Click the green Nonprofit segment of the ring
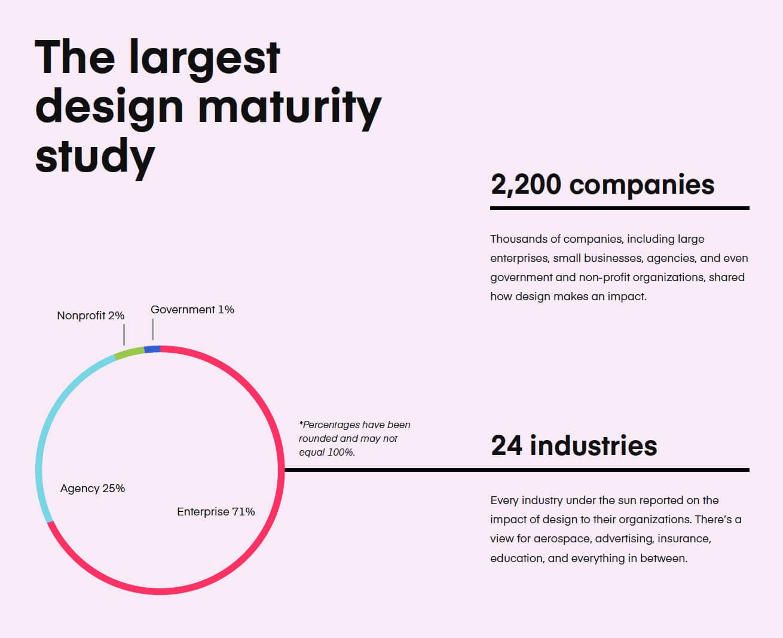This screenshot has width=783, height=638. [129, 353]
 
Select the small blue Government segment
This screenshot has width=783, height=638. [152, 349]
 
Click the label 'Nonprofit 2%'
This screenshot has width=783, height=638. [90, 316]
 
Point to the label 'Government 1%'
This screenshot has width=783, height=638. [192, 310]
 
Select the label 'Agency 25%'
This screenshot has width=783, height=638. [93, 489]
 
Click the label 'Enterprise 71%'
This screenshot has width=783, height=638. [216, 511]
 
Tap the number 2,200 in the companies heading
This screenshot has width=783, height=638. [526, 185]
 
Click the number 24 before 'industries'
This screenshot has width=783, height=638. [507, 445]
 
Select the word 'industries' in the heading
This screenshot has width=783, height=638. [594, 445]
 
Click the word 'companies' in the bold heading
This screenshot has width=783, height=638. [642, 185]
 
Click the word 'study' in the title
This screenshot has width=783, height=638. [95, 157]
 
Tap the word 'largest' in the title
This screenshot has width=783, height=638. [204, 59]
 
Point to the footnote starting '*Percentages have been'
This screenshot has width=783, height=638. [354, 438]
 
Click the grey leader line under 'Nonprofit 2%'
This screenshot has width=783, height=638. [124, 335]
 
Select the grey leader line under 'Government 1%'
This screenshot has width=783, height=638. [152, 329]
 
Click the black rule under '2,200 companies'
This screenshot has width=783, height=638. [620, 208]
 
